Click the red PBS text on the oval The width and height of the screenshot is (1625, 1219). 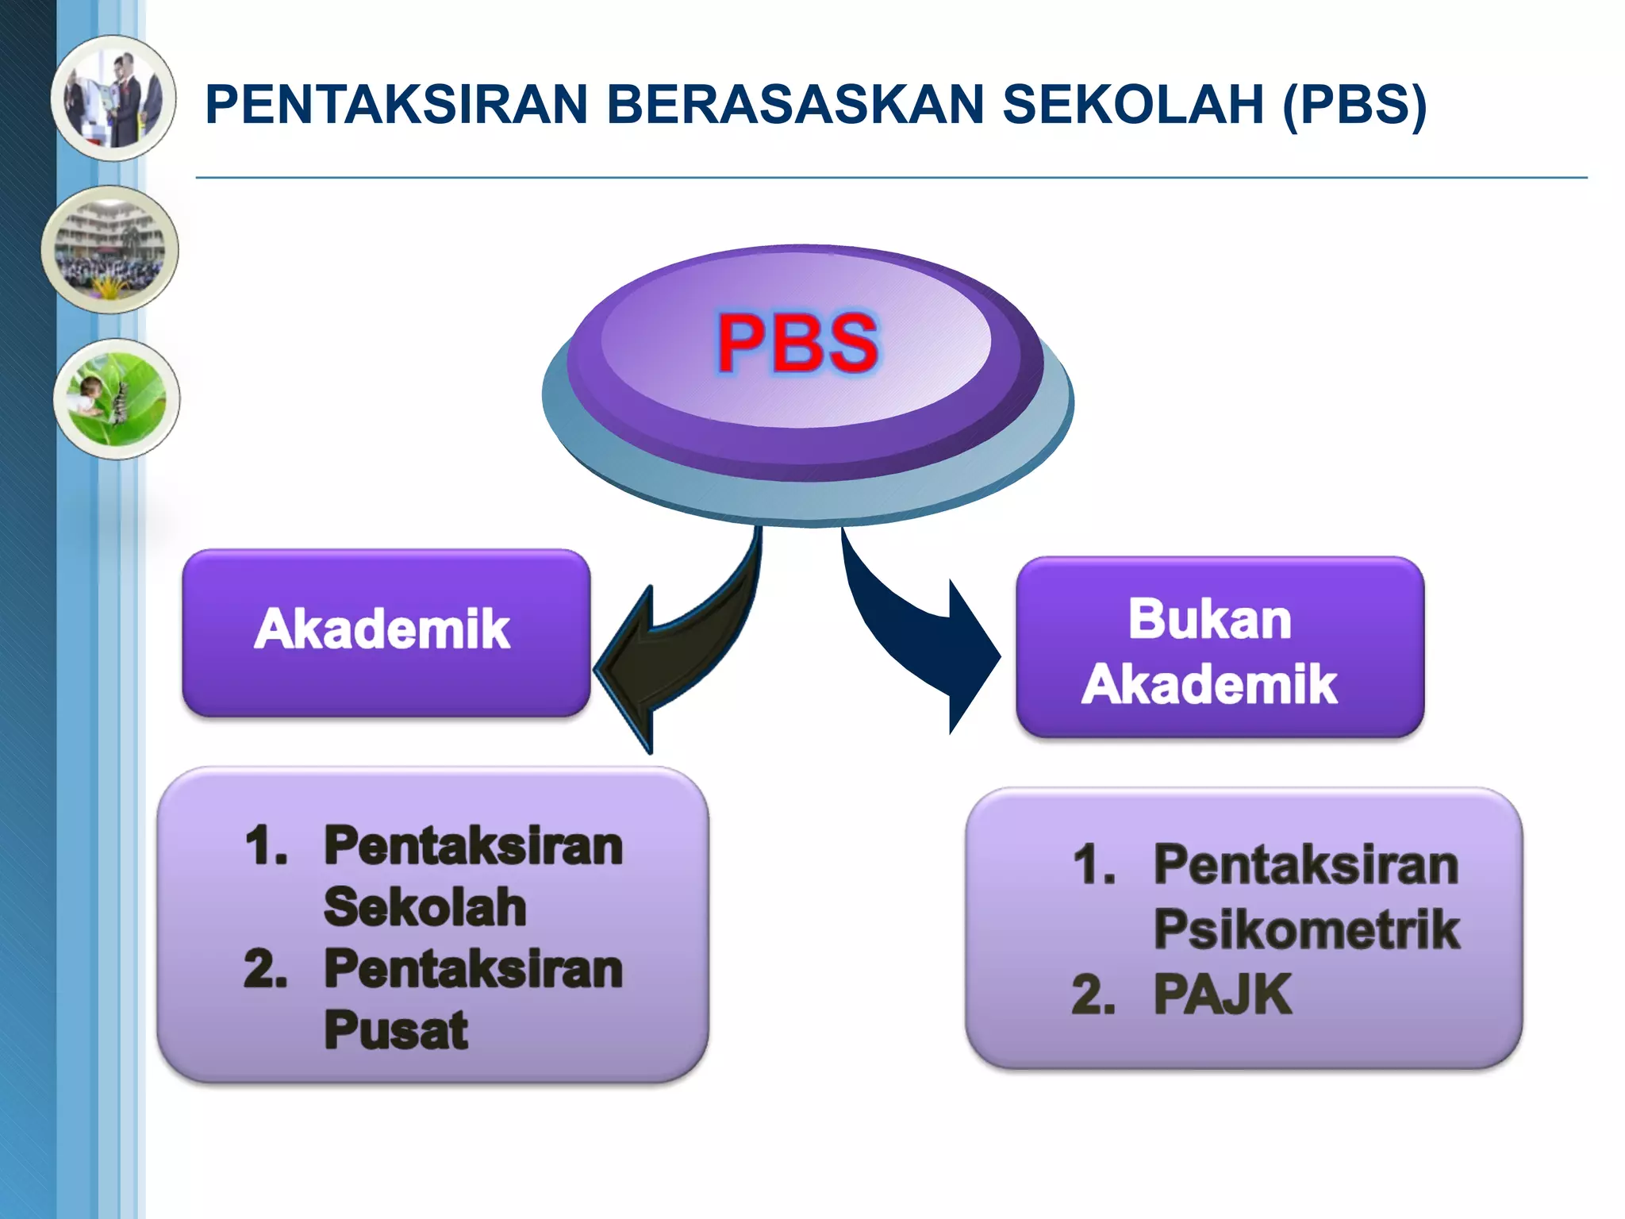tap(797, 343)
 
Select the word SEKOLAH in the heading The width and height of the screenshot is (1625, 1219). tap(1133, 105)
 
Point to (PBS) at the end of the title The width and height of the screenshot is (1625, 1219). tap(1354, 105)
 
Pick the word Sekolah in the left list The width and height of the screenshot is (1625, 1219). tap(425, 906)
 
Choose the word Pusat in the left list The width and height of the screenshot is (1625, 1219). tap(396, 1030)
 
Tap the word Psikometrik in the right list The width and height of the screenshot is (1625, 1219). tap(1306, 929)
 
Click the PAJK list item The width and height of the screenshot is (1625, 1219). tap(1222, 994)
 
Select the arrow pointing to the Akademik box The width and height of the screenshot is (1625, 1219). tap(674, 651)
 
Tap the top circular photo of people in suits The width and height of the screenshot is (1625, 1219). tap(113, 98)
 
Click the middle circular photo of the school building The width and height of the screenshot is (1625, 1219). tap(110, 249)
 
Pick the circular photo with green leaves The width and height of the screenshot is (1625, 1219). tap(117, 398)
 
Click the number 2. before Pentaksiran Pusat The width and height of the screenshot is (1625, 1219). tap(266, 970)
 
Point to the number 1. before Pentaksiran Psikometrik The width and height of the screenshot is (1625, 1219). tap(1094, 865)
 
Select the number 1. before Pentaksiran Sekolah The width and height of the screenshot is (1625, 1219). tap(267, 846)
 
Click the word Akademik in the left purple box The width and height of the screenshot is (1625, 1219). tap(382, 629)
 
